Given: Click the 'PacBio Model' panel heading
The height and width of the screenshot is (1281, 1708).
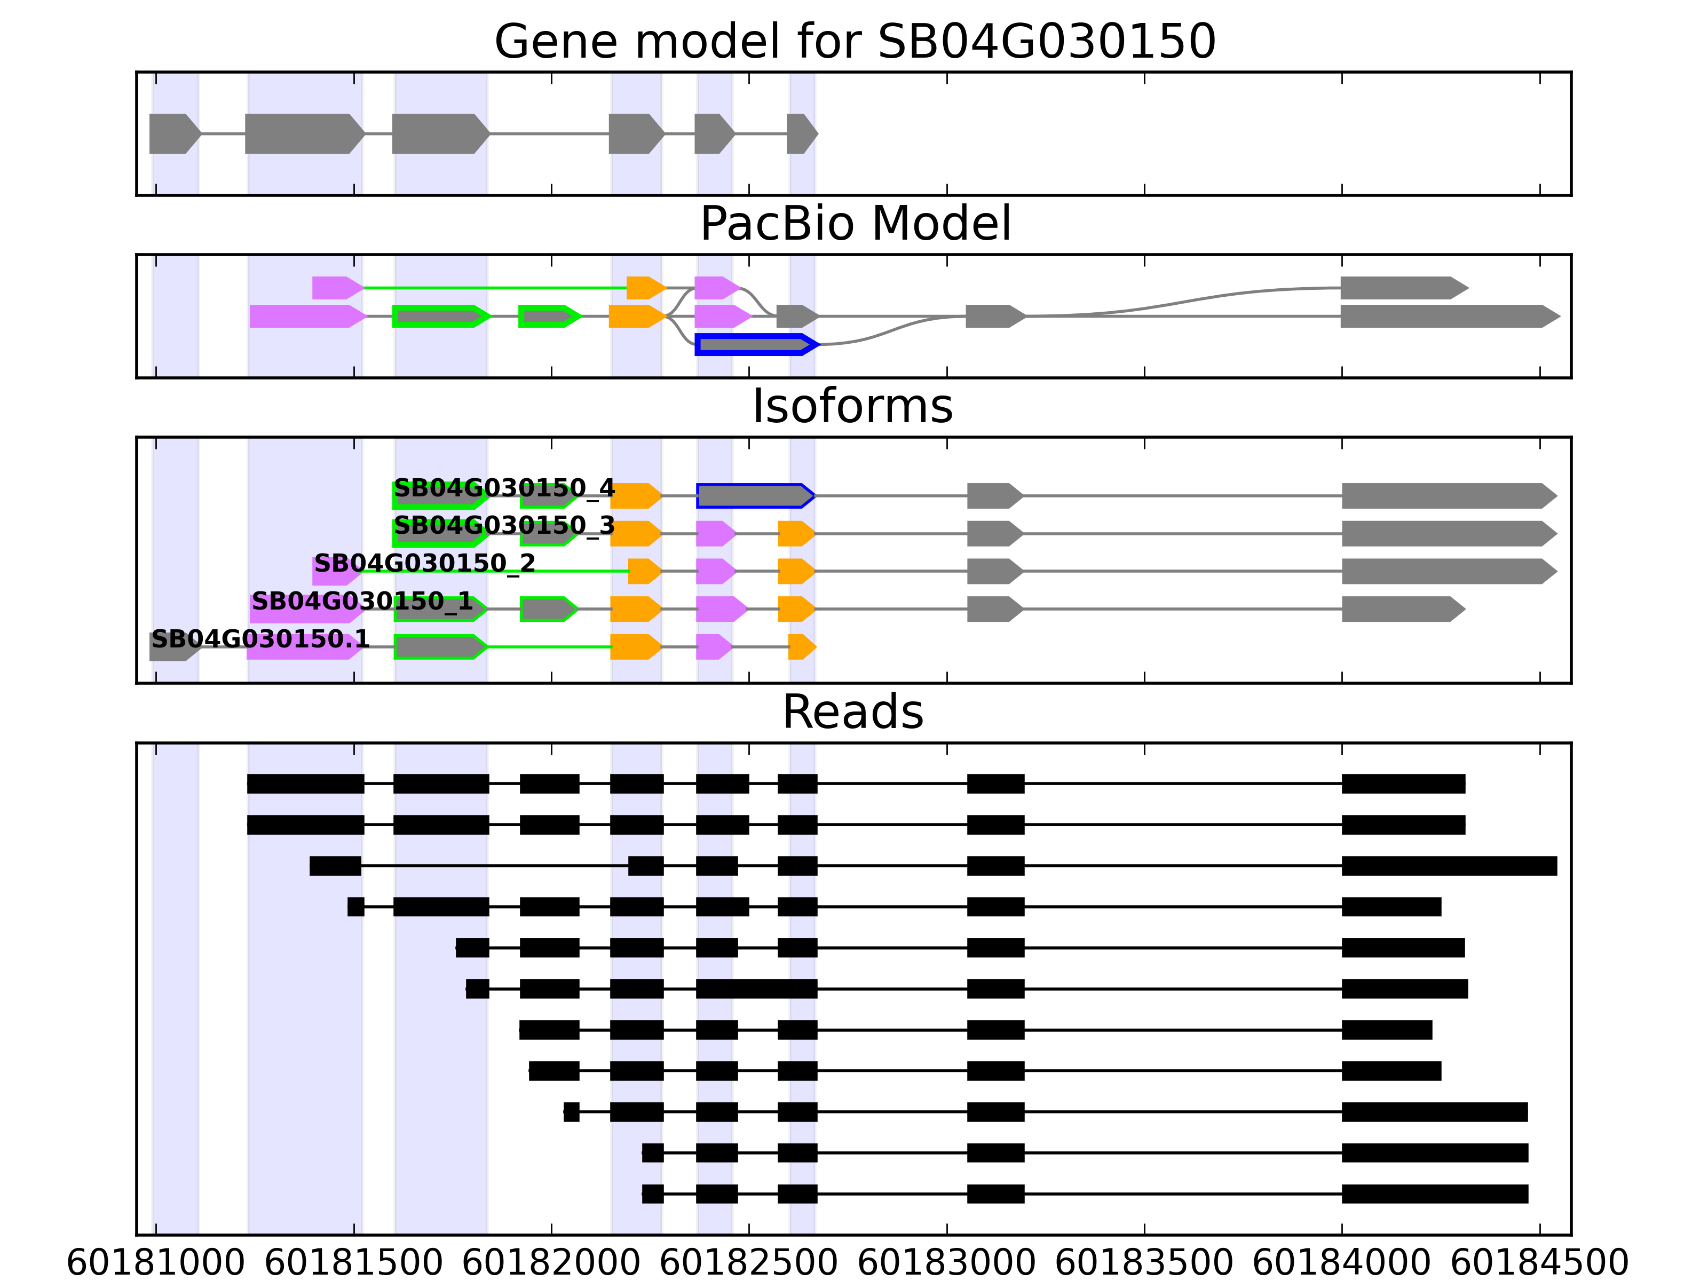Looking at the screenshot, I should pos(854,224).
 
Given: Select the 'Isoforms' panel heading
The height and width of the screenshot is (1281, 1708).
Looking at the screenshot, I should pos(852,406).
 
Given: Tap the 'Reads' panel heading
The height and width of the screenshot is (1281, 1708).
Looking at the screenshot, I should pos(852,712).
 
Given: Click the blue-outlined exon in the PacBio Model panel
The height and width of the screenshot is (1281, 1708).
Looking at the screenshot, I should pos(755,344).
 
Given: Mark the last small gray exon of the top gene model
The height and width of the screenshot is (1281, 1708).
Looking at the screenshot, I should pos(801,133).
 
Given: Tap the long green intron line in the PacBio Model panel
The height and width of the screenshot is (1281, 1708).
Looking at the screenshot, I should pos(494,288).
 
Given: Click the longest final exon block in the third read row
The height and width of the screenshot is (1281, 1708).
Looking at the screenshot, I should pos(1449,866).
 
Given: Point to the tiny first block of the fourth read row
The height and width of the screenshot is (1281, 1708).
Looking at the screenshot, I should pos(355,906).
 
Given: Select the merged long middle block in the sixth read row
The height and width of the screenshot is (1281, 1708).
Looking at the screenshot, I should pos(756,989).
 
